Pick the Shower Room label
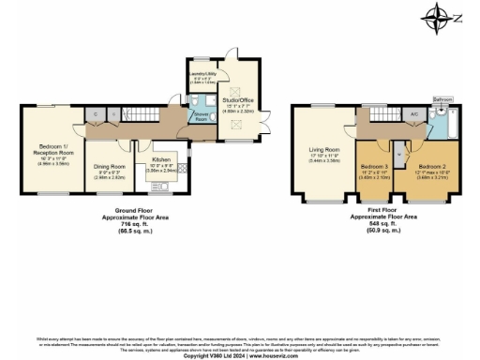(201, 116)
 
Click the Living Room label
(324, 149)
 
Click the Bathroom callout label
(442, 98)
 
